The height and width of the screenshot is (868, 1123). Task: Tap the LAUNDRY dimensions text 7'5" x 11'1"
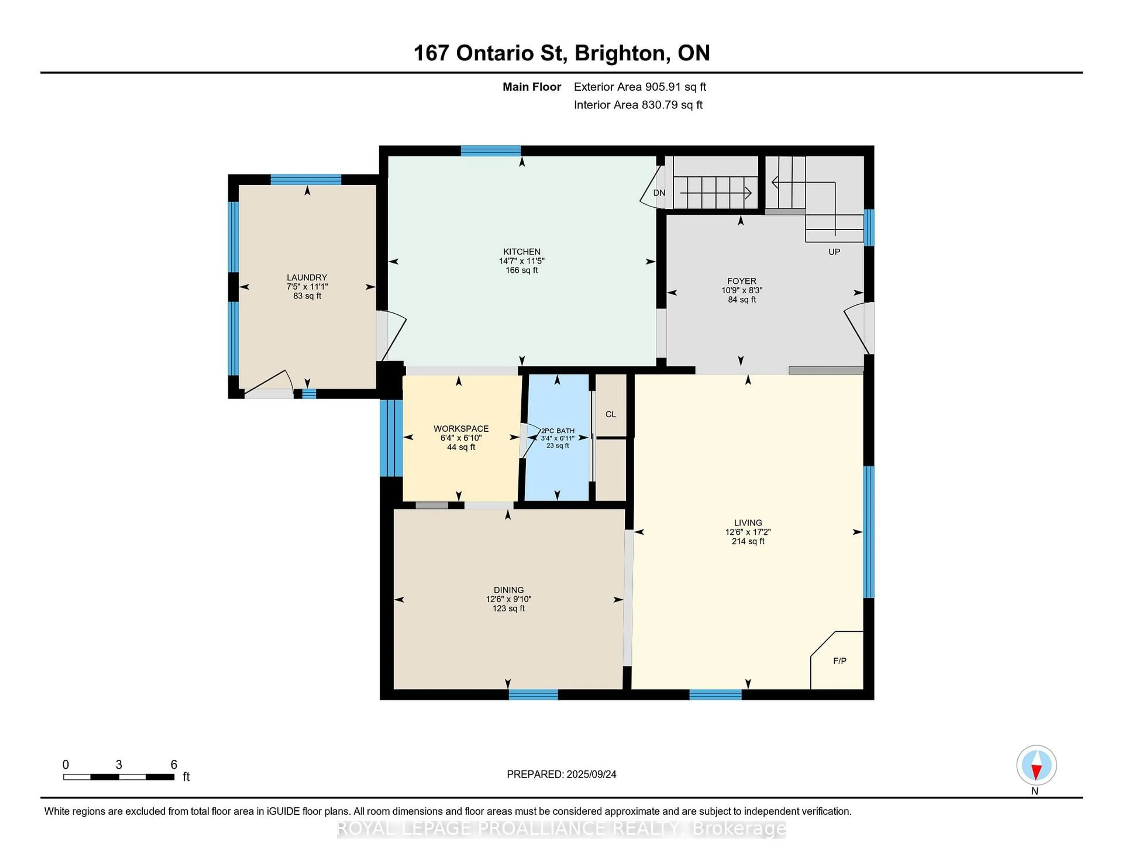point(307,286)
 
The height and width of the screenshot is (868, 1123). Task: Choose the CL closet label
point(610,414)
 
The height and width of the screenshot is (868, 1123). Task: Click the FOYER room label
point(741,281)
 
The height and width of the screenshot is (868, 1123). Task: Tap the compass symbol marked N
point(1036,765)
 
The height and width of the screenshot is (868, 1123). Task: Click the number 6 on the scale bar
point(174,765)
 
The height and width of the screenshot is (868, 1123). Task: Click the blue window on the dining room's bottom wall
point(533,695)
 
